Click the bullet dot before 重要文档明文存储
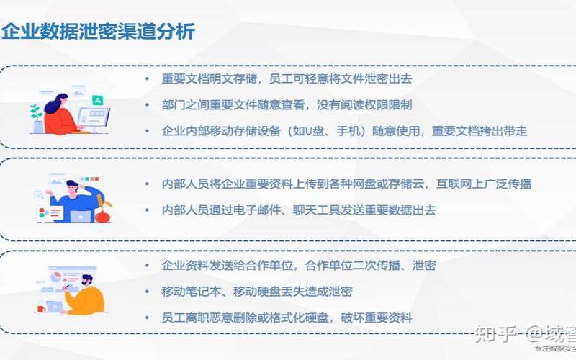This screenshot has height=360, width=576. (147, 78)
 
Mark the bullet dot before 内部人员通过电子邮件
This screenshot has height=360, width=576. (147, 210)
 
